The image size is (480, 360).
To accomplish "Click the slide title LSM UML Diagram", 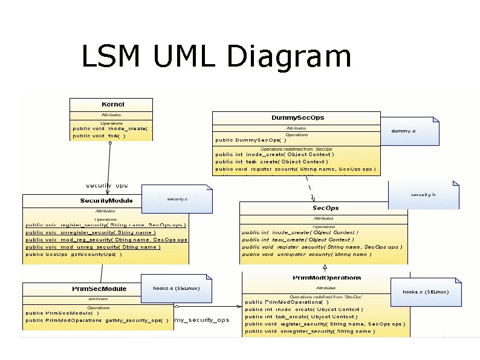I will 216,57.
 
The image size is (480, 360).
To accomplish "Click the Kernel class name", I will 112,104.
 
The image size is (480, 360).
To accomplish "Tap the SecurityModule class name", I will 106,200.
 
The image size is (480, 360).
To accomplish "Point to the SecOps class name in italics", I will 325,208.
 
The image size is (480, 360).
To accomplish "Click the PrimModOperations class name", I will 326,278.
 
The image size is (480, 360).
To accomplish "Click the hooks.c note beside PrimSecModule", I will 176,289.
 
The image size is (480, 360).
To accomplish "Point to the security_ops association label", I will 106,185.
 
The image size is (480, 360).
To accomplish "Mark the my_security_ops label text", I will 202,320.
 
